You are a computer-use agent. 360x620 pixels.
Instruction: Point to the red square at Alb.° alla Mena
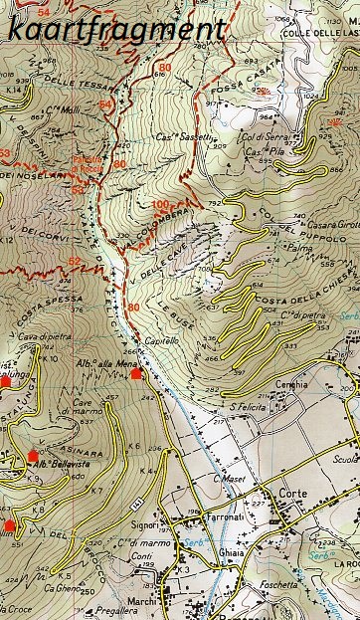[x=136, y=374]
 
